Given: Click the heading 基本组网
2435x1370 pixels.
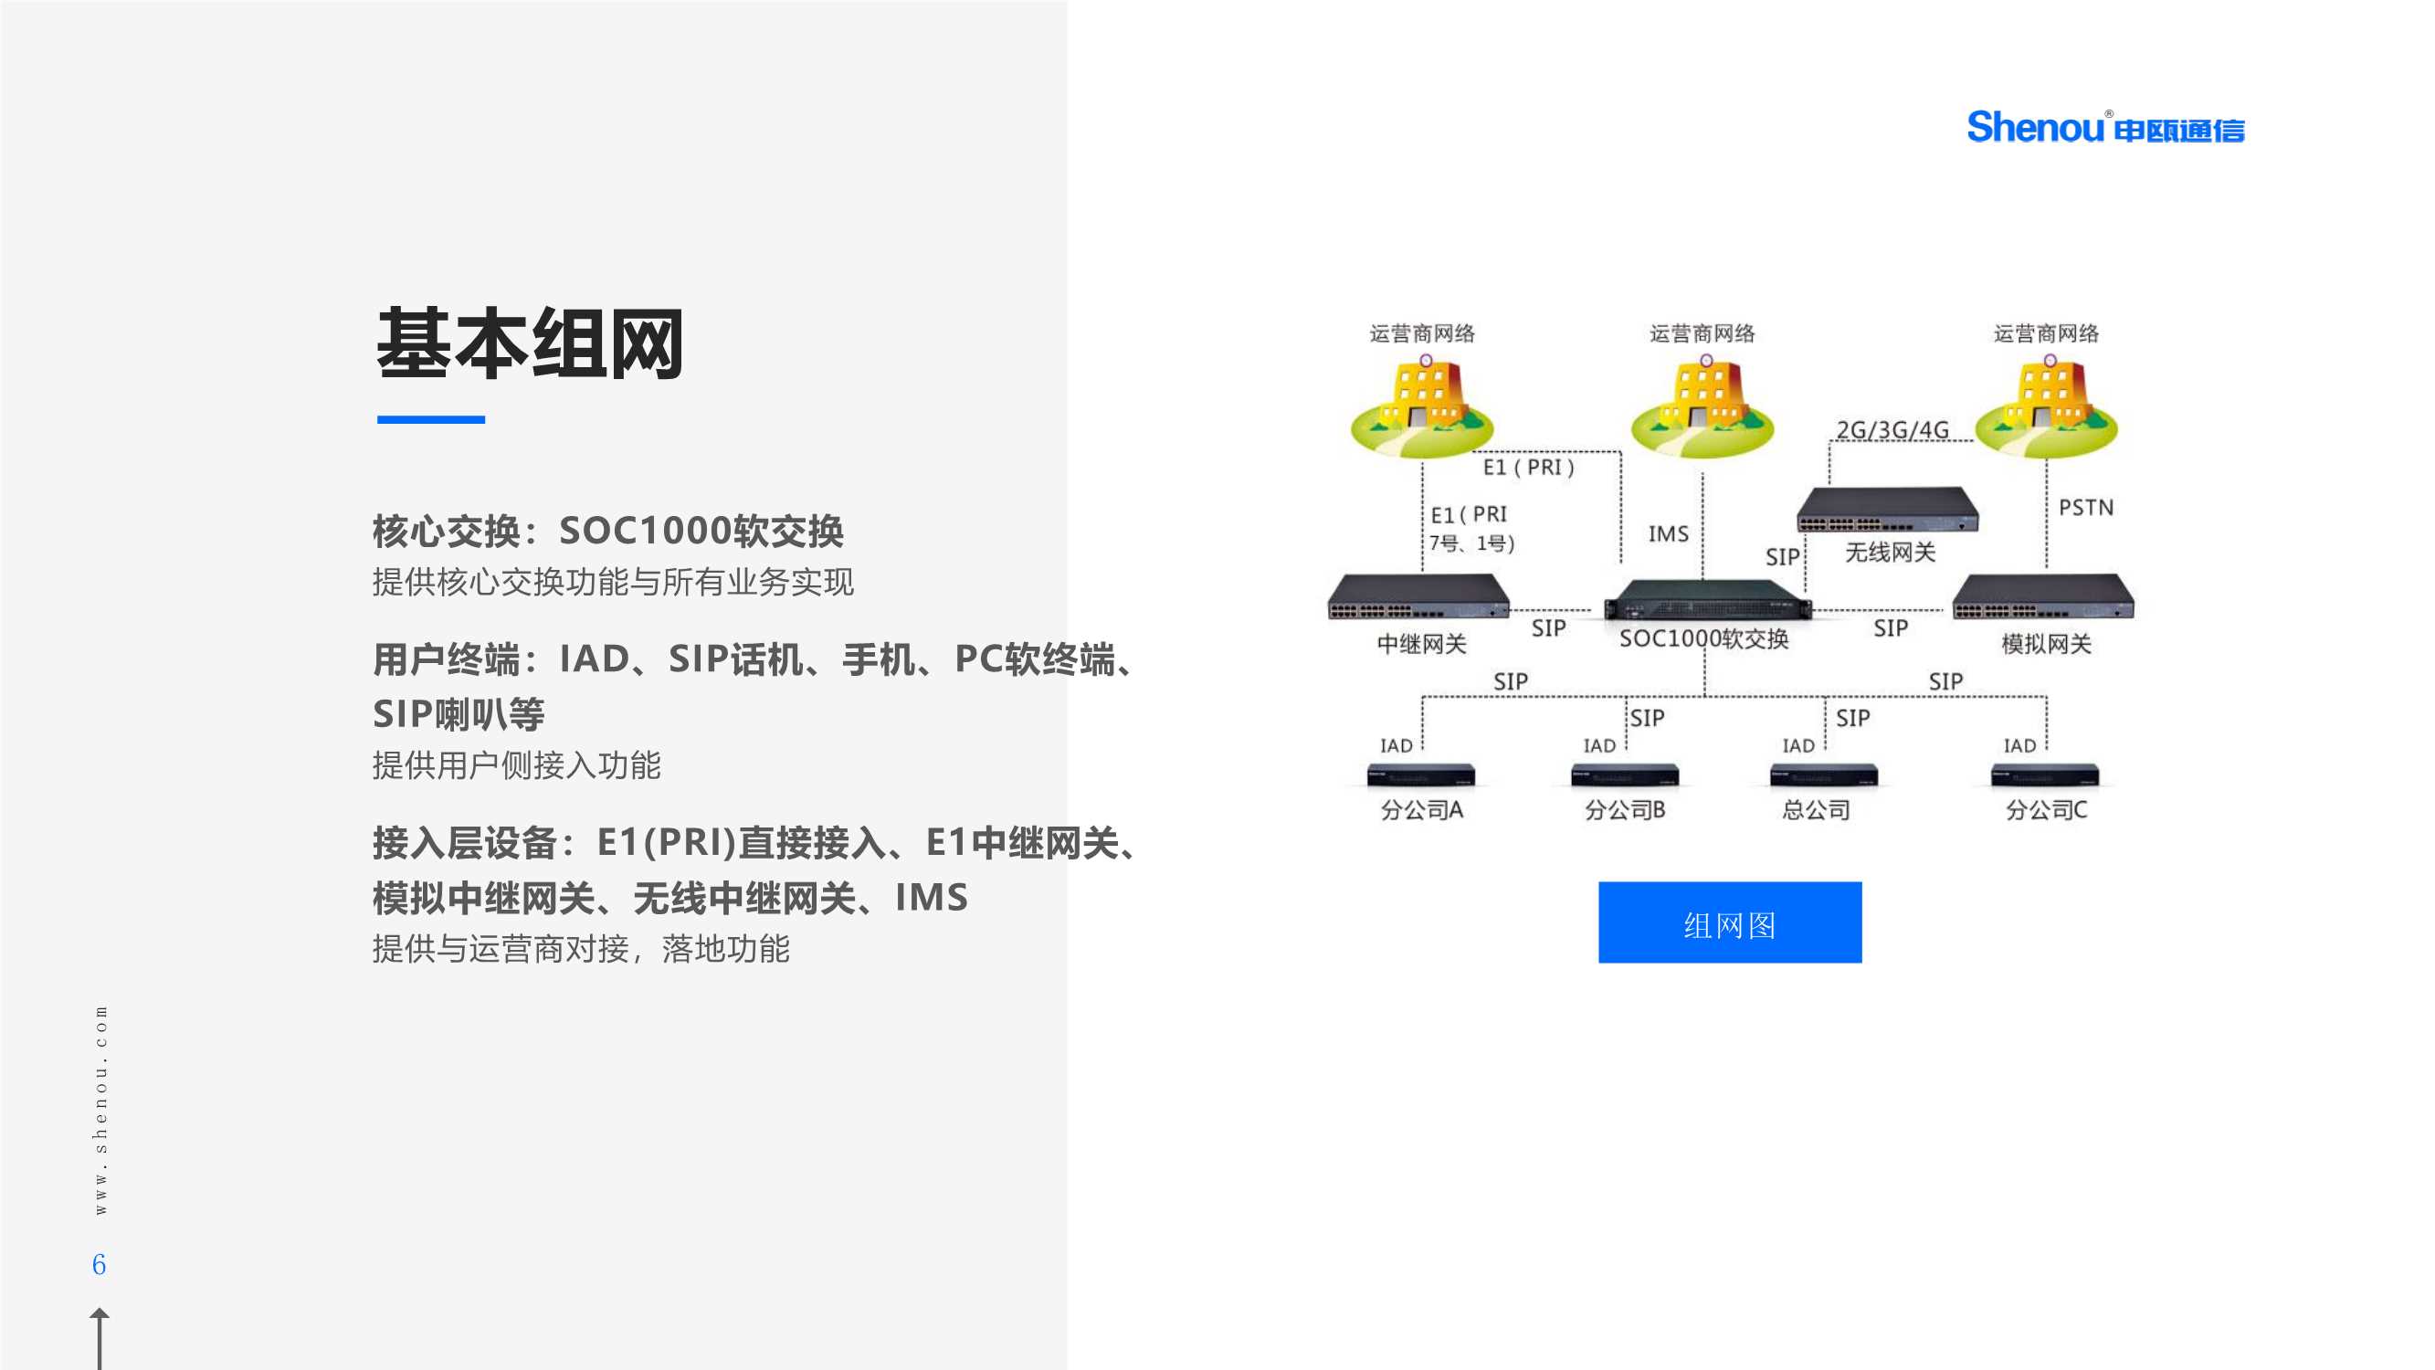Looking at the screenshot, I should [530, 344].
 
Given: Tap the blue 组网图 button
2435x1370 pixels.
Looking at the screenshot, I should [1729, 922].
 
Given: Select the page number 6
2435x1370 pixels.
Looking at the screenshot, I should [100, 1264].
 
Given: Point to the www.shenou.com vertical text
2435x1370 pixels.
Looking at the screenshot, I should [100, 1109].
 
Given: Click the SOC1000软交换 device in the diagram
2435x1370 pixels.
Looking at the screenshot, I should [1707, 599].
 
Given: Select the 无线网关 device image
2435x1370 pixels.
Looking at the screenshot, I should [1887, 510].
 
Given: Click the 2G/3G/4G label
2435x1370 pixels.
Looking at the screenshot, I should [1892, 430].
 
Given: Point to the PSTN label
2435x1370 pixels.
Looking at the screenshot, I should [2085, 508].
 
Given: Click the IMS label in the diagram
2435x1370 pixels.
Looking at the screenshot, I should [1668, 534].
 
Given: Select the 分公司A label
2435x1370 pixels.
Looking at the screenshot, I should [1421, 810].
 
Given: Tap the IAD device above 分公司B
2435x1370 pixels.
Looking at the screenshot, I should [1624, 775].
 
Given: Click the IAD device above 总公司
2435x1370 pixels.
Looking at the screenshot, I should [1822, 775].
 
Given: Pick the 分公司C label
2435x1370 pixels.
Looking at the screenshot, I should [2046, 810].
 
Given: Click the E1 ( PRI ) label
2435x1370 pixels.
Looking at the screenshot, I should [1527, 467].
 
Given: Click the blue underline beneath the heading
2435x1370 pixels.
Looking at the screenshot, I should [431, 419].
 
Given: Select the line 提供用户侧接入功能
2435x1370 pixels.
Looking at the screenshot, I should [516, 764].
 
